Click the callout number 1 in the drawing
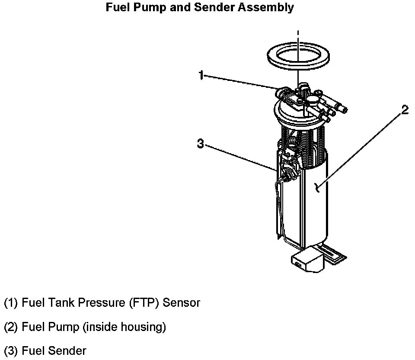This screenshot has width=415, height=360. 201,75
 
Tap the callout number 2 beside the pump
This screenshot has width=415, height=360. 405,110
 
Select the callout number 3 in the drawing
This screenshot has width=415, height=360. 200,144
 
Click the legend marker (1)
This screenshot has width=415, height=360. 11,303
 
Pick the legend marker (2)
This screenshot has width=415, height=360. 11,327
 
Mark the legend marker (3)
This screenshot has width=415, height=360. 11,350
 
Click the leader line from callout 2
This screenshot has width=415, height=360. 359,149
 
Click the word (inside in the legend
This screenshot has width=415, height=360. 99,327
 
